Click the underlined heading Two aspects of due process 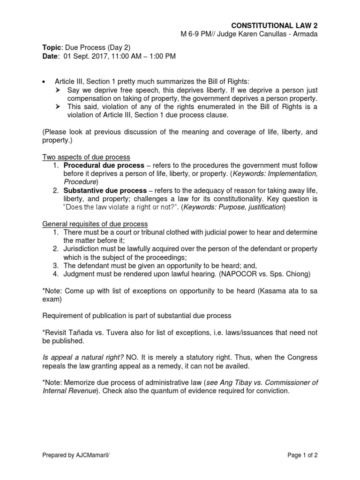tap(86, 157)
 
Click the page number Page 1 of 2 tap(301, 455)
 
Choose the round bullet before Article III tap(44, 82)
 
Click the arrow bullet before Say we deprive tap(58, 90)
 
